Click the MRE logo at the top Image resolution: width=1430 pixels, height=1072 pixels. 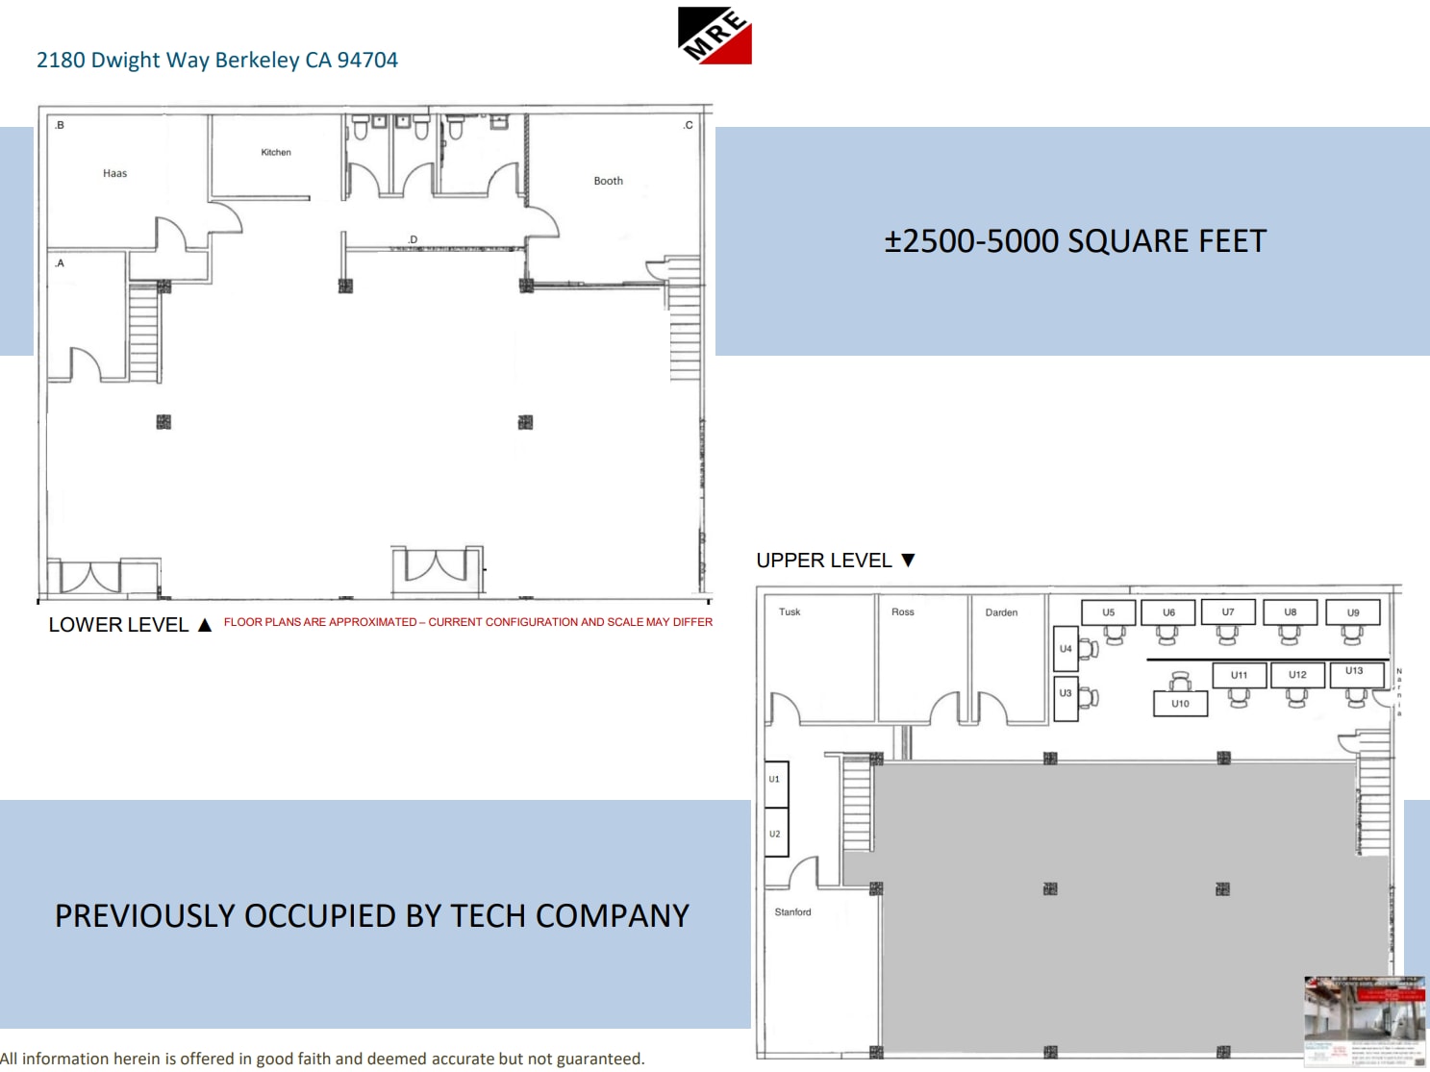(x=715, y=36)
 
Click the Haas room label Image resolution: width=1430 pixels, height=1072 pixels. (x=114, y=174)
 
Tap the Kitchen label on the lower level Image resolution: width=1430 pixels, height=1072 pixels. (x=276, y=153)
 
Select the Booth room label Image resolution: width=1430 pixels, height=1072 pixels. (x=608, y=181)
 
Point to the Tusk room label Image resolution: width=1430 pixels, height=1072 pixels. (x=790, y=612)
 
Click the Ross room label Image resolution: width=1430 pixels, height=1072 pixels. (x=902, y=612)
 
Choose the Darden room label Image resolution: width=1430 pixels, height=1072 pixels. (x=1001, y=612)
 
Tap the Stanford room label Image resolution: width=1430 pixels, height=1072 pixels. (x=792, y=912)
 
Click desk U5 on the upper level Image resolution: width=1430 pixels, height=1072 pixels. (x=1108, y=612)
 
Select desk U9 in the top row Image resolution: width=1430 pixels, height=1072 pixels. (x=1352, y=612)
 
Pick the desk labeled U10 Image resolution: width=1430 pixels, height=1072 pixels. (x=1180, y=704)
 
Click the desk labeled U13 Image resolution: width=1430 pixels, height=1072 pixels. (x=1354, y=671)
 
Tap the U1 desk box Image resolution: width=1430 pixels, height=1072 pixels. (x=775, y=780)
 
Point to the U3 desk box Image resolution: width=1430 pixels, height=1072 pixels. (x=1066, y=693)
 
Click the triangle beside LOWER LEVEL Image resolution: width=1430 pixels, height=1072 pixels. (x=205, y=625)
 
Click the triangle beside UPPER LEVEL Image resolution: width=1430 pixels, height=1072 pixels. (x=908, y=561)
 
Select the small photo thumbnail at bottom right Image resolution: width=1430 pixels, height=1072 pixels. (x=1364, y=1021)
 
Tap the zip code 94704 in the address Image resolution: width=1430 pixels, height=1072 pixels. (x=367, y=60)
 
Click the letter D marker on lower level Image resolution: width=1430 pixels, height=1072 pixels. (x=413, y=239)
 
